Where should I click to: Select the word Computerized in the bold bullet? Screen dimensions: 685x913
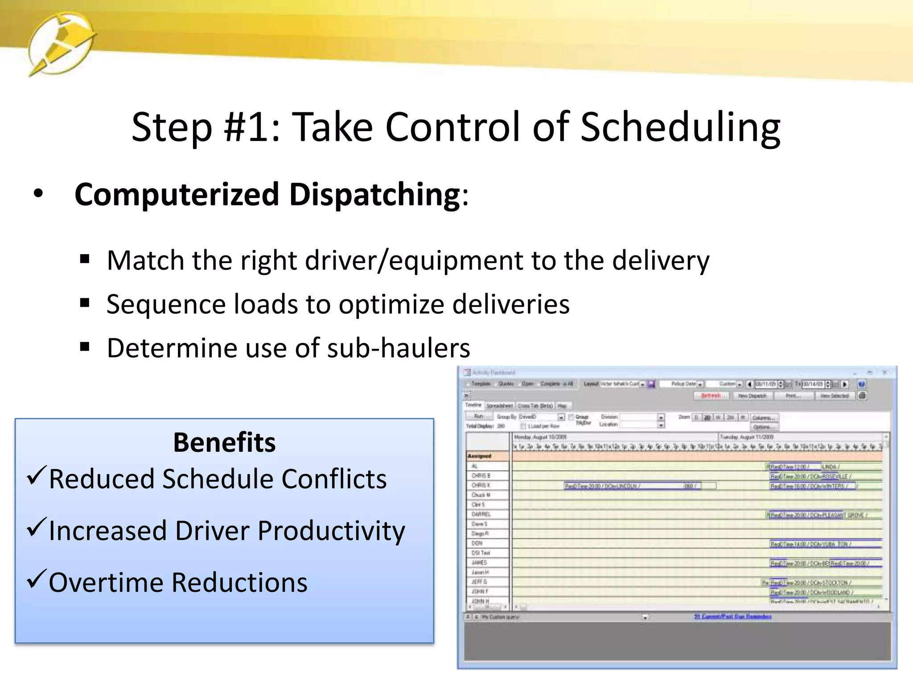pos(177,195)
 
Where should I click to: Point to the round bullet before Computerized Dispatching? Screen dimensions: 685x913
pos(38,194)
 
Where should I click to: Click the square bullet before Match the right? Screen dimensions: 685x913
pos(85,259)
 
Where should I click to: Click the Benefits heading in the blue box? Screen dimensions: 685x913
pos(224,442)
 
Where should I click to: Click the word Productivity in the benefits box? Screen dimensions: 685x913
pos(331,531)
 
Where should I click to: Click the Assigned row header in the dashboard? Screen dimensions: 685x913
pos(480,456)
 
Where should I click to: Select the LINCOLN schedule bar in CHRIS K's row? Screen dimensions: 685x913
pos(624,486)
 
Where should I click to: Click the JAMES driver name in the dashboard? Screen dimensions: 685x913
pos(479,563)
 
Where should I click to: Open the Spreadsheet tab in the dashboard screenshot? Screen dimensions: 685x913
pos(499,406)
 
